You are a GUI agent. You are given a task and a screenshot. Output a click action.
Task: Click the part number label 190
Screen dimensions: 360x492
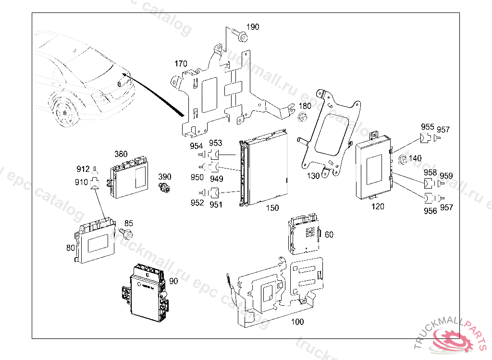pyautogui.click(x=253, y=27)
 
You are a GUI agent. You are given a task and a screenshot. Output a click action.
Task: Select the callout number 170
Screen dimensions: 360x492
pyautogui.click(x=181, y=64)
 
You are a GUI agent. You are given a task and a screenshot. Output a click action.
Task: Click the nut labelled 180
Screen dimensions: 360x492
pyautogui.click(x=302, y=117)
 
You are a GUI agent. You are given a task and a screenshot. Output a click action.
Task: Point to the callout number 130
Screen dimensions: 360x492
pyautogui.click(x=313, y=176)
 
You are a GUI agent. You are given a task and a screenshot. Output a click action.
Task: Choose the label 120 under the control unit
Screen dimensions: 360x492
pyautogui.click(x=378, y=206)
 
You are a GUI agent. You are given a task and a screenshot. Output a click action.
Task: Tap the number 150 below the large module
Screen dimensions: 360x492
pyautogui.click(x=272, y=208)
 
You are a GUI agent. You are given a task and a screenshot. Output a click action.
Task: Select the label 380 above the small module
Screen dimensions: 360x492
pyautogui.click(x=121, y=154)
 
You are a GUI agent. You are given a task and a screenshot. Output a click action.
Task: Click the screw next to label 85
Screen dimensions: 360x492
pyautogui.click(x=128, y=234)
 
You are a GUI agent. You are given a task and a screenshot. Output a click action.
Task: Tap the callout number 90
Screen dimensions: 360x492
pyautogui.click(x=173, y=280)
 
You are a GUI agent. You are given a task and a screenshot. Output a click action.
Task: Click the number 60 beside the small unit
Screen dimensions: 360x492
pyautogui.click(x=329, y=235)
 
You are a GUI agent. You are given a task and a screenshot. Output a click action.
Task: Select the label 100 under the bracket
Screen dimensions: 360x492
pyautogui.click(x=298, y=322)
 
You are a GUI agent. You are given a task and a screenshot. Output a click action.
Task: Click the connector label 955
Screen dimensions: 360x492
pyautogui.click(x=428, y=127)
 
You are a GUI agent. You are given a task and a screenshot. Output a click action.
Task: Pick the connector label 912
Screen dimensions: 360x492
pyautogui.click(x=83, y=169)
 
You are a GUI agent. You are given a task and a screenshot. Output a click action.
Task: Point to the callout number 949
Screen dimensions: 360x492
pyautogui.click(x=216, y=179)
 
